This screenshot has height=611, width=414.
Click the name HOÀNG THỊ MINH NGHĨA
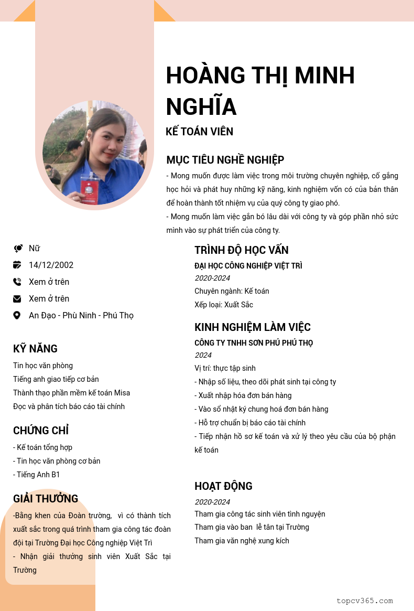click(260, 91)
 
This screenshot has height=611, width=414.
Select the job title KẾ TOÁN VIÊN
click(199, 132)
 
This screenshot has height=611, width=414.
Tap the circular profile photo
click(94, 153)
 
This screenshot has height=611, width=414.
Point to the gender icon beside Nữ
click(18, 249)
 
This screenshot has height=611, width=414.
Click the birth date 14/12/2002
click(51, 265)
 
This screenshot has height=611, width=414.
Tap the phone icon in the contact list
click(17, 282)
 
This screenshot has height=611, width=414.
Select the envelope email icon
click(17, 299)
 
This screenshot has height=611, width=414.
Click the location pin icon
click(17, 316)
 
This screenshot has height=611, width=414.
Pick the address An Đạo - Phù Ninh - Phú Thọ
click(81, 316)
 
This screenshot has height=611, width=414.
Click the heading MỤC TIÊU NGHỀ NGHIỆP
click(225, 160)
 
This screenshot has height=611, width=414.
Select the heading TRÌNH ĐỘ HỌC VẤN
click(241, 250)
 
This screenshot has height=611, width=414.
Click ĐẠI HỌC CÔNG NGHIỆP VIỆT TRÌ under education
click(248, 266)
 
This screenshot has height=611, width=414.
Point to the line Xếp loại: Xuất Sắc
click(224, 305)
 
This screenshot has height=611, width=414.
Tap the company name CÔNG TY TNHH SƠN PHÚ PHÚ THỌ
click(254, 343)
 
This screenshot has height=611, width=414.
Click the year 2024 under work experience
click(203, 355)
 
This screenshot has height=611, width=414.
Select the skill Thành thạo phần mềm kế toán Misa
click(71, 393)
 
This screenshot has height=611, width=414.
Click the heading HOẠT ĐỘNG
click(223, 486)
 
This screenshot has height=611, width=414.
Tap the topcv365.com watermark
click(364, 601)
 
